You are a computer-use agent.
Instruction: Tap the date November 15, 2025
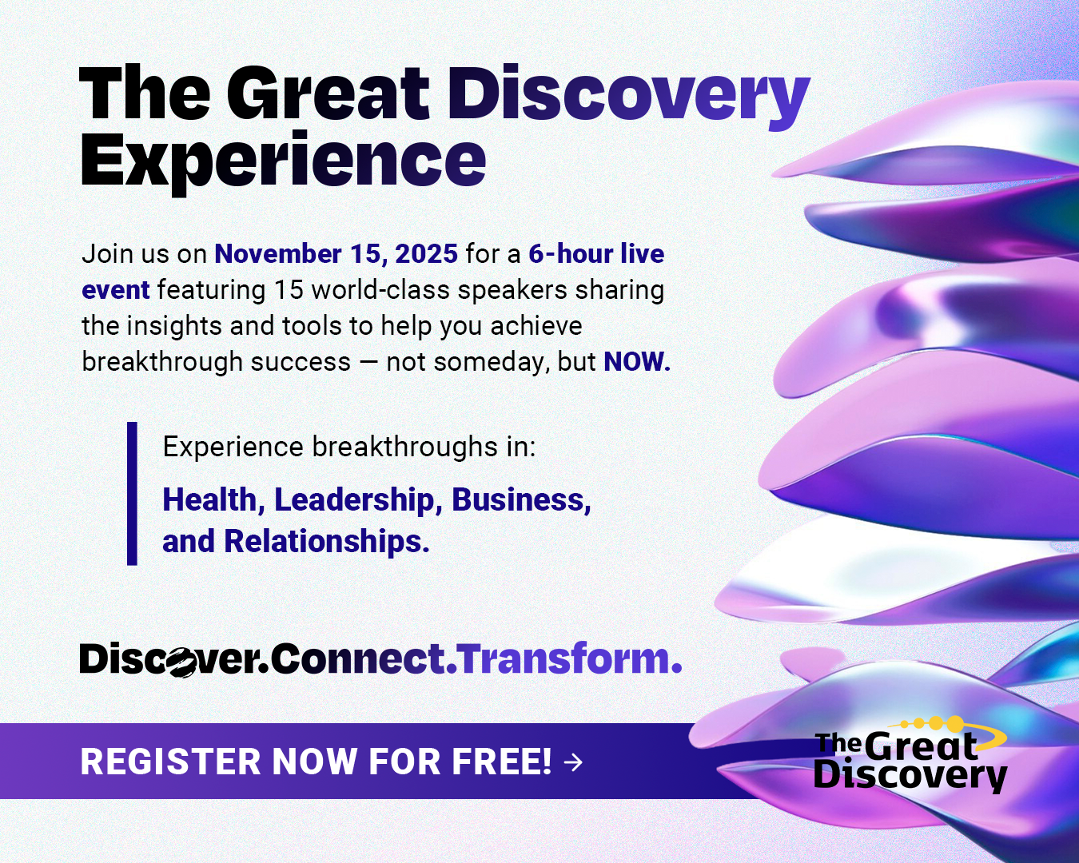click(x=336, y=254)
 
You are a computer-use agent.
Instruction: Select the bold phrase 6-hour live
click(x=596, y=253)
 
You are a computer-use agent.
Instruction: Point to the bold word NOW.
click(x=637, y=361)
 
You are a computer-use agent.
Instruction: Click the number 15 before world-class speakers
click(x=289, y=290)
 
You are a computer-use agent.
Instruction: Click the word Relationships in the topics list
click(x=326, y=542)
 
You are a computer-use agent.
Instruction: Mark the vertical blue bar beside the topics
click(x=132, y=494)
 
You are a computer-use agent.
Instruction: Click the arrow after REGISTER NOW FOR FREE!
click(x=573, y=762)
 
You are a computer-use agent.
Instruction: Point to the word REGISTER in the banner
click(x=170, y=762)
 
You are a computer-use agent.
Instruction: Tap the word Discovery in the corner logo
click(x=910, y=776)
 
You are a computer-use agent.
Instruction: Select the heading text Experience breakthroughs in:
click(x=349, y=447)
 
